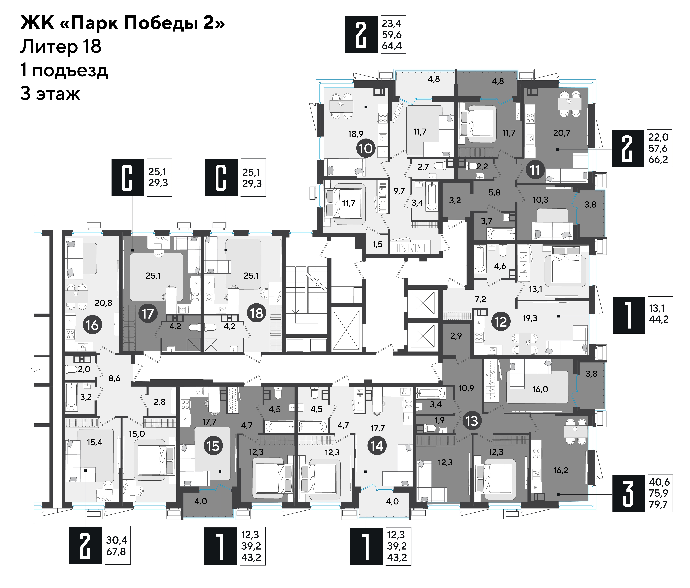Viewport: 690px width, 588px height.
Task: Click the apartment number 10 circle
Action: click(366, 148)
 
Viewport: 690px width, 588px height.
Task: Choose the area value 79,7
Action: click(658, 504)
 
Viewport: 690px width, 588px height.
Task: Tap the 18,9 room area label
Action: click(356, 134)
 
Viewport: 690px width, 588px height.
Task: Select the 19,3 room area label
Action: click(530, 318)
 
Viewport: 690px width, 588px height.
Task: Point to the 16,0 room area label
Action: click(540, 389)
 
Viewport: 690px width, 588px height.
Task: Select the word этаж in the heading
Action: click(58, 94)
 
